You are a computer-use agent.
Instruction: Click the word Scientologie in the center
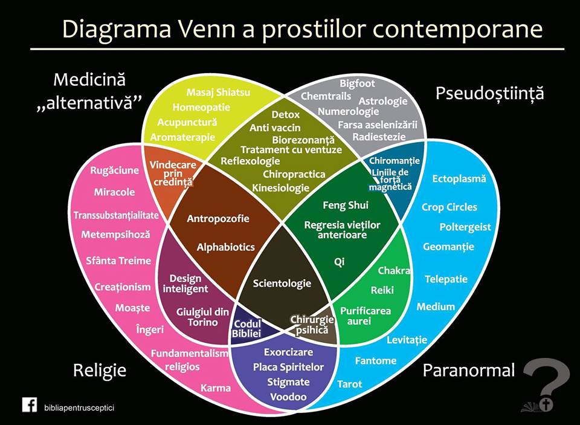pos(282,283)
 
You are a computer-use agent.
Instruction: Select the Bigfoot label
pos(357,83)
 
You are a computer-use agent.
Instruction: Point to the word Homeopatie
pos(201,108)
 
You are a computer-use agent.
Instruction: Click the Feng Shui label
pos(346,205)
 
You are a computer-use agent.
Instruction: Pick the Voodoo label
pos(288,397)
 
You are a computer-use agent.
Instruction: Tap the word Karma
pos(216,388)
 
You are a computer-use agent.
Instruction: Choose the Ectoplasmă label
pos(459,178)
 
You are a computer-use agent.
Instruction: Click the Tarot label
pos(350,384)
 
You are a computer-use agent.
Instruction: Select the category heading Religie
pos(100,369)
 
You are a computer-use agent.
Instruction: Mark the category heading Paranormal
pos(469,369)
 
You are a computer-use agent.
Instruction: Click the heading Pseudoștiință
pos(489,93)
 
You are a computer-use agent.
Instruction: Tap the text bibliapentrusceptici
pos(79,407)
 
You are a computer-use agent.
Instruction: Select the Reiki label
pos(382,290)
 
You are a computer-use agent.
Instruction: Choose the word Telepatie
pos(446,279)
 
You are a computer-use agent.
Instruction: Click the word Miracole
pos(114,192)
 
